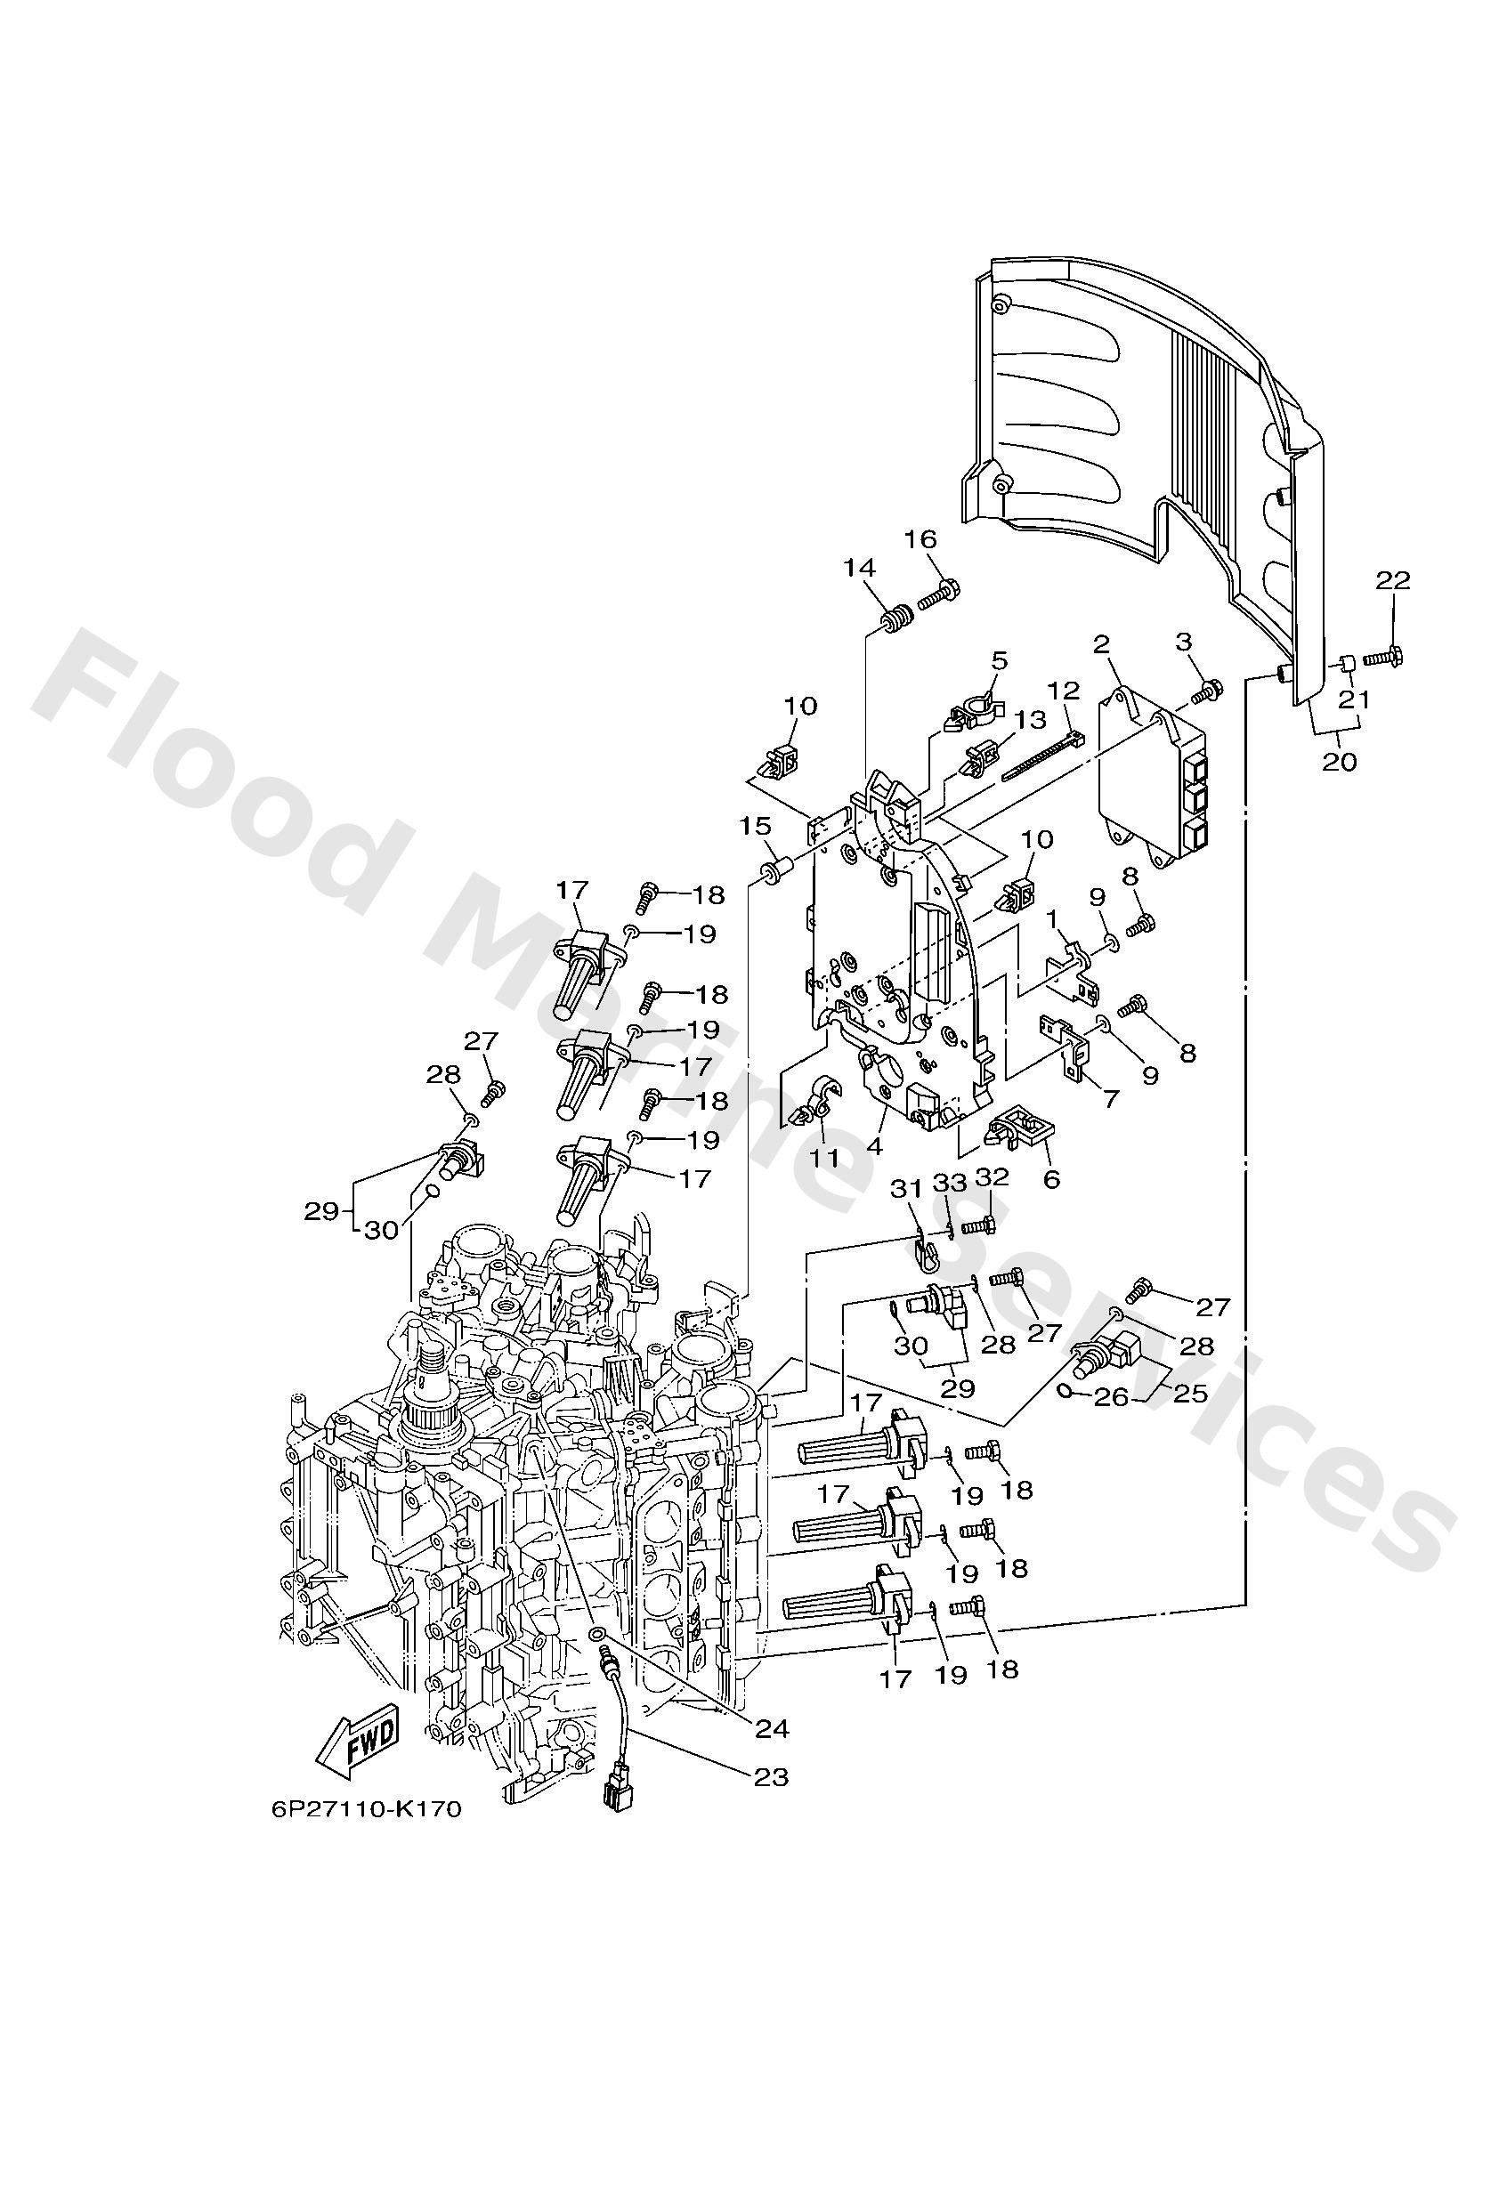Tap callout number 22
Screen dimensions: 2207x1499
1392,580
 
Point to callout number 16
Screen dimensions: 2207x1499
920,539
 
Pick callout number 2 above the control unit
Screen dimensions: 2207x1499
1101,645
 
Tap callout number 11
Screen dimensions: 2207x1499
823,1158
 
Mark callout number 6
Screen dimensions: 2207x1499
1050,1179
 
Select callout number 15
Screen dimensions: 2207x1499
756,825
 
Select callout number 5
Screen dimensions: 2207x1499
999,660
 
